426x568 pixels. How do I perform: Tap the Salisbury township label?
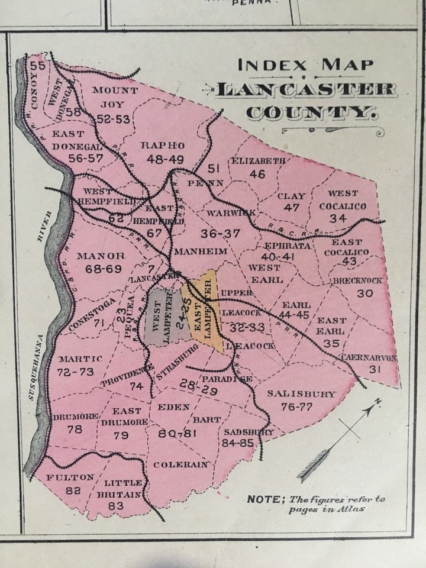(301, 393)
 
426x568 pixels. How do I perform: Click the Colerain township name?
(181, 464)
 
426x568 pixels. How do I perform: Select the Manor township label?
(101, 256)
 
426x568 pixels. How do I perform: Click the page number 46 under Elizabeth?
(257, 174)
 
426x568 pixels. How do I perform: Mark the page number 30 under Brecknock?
(365, 293)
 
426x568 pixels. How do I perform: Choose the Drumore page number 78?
(75, 430)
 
